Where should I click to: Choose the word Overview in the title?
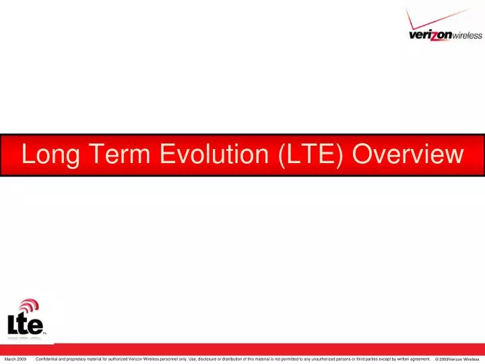click(408, 155)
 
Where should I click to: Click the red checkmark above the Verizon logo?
click(441, 17)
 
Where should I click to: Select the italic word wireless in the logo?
click(467, 36)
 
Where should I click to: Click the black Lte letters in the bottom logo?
click(25, 325)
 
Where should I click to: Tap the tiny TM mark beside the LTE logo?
click(45, 333)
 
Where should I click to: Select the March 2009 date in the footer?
click(15, 359)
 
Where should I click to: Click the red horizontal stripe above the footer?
click(269, 348)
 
